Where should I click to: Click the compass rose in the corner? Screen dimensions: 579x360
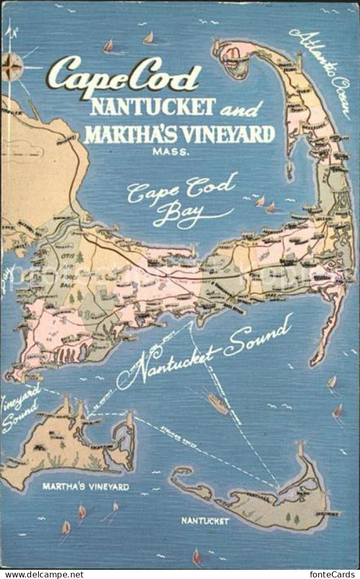(x=12, y=67)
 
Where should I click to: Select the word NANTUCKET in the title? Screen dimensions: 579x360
(x=152, y=106)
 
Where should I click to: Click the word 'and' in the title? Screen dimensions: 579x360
(x=241, y=109)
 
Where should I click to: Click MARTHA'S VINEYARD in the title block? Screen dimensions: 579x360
(x=179, y=134)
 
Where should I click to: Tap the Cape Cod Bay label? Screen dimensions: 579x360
(x=182, y=200)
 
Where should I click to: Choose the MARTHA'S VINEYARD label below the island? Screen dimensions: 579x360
(x=86, y=487)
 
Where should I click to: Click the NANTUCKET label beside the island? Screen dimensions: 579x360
(x=205, y=521)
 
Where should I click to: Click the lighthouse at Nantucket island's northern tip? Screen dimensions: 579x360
(x=300, y=449)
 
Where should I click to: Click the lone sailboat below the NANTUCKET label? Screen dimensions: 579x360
(x=197, y=556)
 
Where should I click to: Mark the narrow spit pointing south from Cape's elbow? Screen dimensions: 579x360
(x=328, y=328)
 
